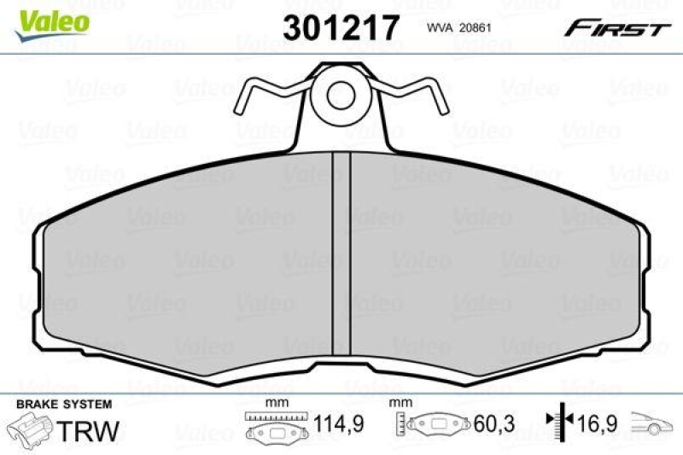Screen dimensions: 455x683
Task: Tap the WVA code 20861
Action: point(456,27)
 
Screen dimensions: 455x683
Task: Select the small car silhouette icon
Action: point(651,422)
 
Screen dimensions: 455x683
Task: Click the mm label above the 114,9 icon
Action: point(275,402)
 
